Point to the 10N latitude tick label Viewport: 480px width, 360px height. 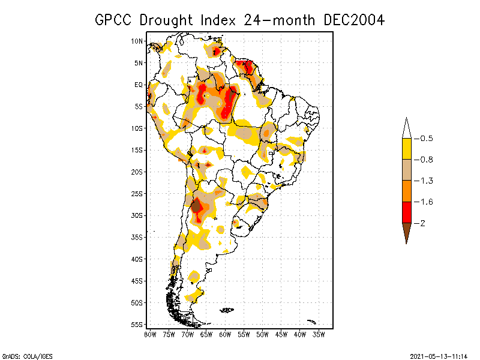(x=137, y=41)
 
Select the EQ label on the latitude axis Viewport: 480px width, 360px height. (x=139, y=85)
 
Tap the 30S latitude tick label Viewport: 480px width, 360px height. (x=137, y=215)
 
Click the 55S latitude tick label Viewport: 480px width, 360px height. (x=137, y=325)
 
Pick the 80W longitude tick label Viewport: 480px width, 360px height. (x=150, y=335)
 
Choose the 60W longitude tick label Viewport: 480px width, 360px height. (x=225, y=335)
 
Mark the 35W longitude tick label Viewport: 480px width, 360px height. (x=319, y=335)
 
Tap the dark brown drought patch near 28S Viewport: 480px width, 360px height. (x=196, y=207)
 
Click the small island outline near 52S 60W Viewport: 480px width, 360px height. (x=227, y=310)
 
